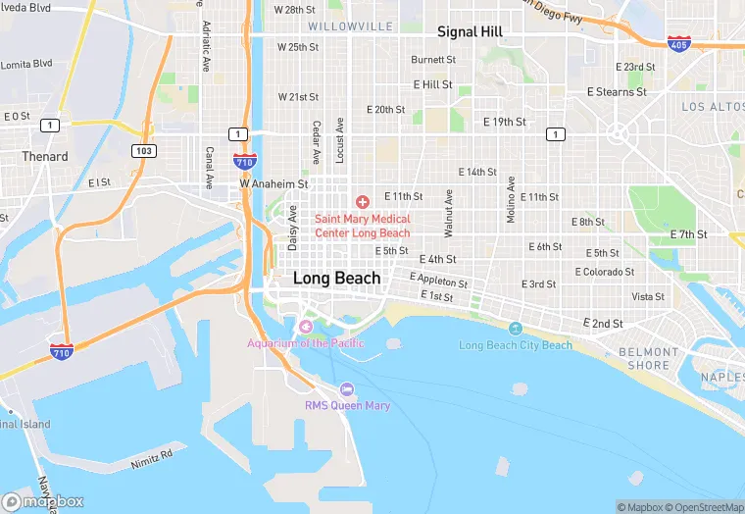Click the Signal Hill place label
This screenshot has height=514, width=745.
point(470,31)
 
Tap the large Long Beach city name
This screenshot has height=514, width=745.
point(336,279)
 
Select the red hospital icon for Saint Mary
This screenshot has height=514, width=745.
point(363,201)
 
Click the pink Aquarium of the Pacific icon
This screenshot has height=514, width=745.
point(306,326)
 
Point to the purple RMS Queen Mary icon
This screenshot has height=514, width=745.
point(347,390)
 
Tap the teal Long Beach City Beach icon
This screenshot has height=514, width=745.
point(516,328)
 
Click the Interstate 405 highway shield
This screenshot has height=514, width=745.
point(677,43)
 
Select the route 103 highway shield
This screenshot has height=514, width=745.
point(144,150)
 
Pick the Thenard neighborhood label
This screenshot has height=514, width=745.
point(45,156)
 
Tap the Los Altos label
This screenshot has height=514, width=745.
point(713,106)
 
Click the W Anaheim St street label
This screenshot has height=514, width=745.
point(274,183)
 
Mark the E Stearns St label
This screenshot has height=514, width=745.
point(617,91)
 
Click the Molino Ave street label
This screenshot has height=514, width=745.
point(510,200)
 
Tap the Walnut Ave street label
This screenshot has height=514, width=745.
point(448,213)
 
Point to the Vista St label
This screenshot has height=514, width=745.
point(648,296)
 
